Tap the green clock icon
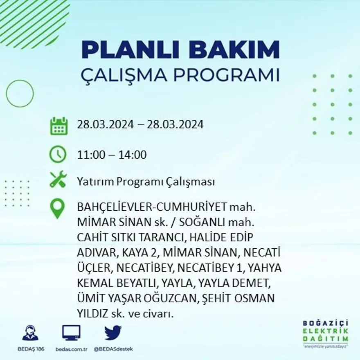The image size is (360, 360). click(x=58, y=155)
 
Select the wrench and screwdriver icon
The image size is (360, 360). click(x=58, y=180)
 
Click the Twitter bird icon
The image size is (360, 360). click(x=112, y=333)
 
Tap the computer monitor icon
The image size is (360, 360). click(x=71, y=333)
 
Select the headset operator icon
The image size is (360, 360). click(x=30, y=333)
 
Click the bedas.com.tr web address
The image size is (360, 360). click(x=72, y=349)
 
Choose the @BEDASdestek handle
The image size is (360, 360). click(x=113, y=349)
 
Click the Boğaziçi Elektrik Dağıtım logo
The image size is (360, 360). click(x=326, y=332)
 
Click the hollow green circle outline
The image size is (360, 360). click(x=20, y=93)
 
